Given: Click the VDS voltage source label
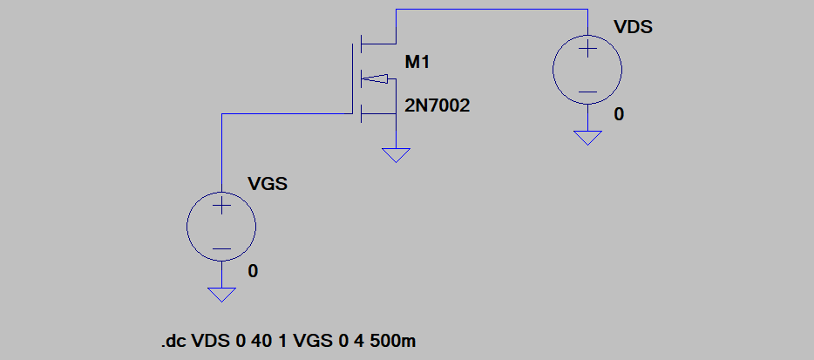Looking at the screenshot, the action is tap(633, 26).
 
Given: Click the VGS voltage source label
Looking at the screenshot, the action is tap(268, 184).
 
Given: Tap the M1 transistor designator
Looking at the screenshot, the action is tap(418, 63).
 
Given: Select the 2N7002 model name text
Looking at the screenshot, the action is tap(438, 106).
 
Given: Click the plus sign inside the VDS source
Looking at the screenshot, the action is tap(587, 50).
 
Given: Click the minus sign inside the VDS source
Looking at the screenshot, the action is tap(587, 92).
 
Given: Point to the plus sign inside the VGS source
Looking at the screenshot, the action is tap(221, 207).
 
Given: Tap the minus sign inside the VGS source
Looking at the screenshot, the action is tap(221, 248).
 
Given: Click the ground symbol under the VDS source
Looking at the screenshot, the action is tap(587, 137).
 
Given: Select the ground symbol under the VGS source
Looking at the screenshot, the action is tap(221, 294).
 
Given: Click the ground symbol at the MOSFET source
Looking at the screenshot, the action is tap(396, 155).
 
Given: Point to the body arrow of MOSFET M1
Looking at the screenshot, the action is tap(374, 78).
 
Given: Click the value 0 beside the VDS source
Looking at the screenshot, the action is tap(619, 114).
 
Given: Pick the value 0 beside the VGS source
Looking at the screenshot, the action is tap(253, 271).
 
